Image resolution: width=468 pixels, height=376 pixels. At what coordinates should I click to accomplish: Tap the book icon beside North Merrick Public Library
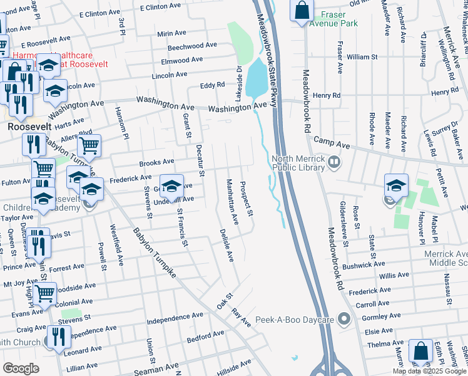(335, 164)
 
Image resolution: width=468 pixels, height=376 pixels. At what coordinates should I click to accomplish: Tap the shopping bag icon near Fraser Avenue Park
(302, 11)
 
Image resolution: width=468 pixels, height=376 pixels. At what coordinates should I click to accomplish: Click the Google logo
(21, 368)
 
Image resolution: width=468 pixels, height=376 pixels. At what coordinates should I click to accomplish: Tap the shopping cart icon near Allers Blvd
(89, 146)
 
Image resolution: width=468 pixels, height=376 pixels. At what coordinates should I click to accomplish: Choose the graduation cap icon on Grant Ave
(171, 185)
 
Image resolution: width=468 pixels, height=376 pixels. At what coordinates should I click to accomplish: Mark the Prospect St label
(247, 199)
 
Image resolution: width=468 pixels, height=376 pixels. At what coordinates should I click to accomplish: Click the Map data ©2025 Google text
(429, 371)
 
